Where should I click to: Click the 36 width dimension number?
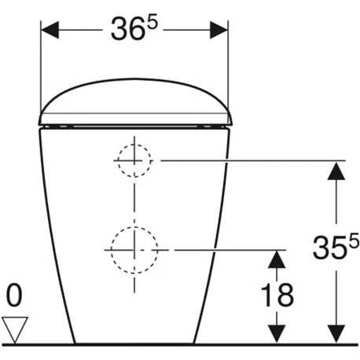coord(128,29)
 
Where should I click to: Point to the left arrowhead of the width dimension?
coord(50,30)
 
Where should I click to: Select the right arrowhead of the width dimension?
coord(219,30)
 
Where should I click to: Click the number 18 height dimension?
coord(277,295)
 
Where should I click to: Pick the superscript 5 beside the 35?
coord(354,241)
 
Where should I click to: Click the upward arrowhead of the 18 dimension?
coord(277,259)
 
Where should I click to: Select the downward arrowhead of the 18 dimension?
coord(277,333)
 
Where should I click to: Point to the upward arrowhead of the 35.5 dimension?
coord(336,171)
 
